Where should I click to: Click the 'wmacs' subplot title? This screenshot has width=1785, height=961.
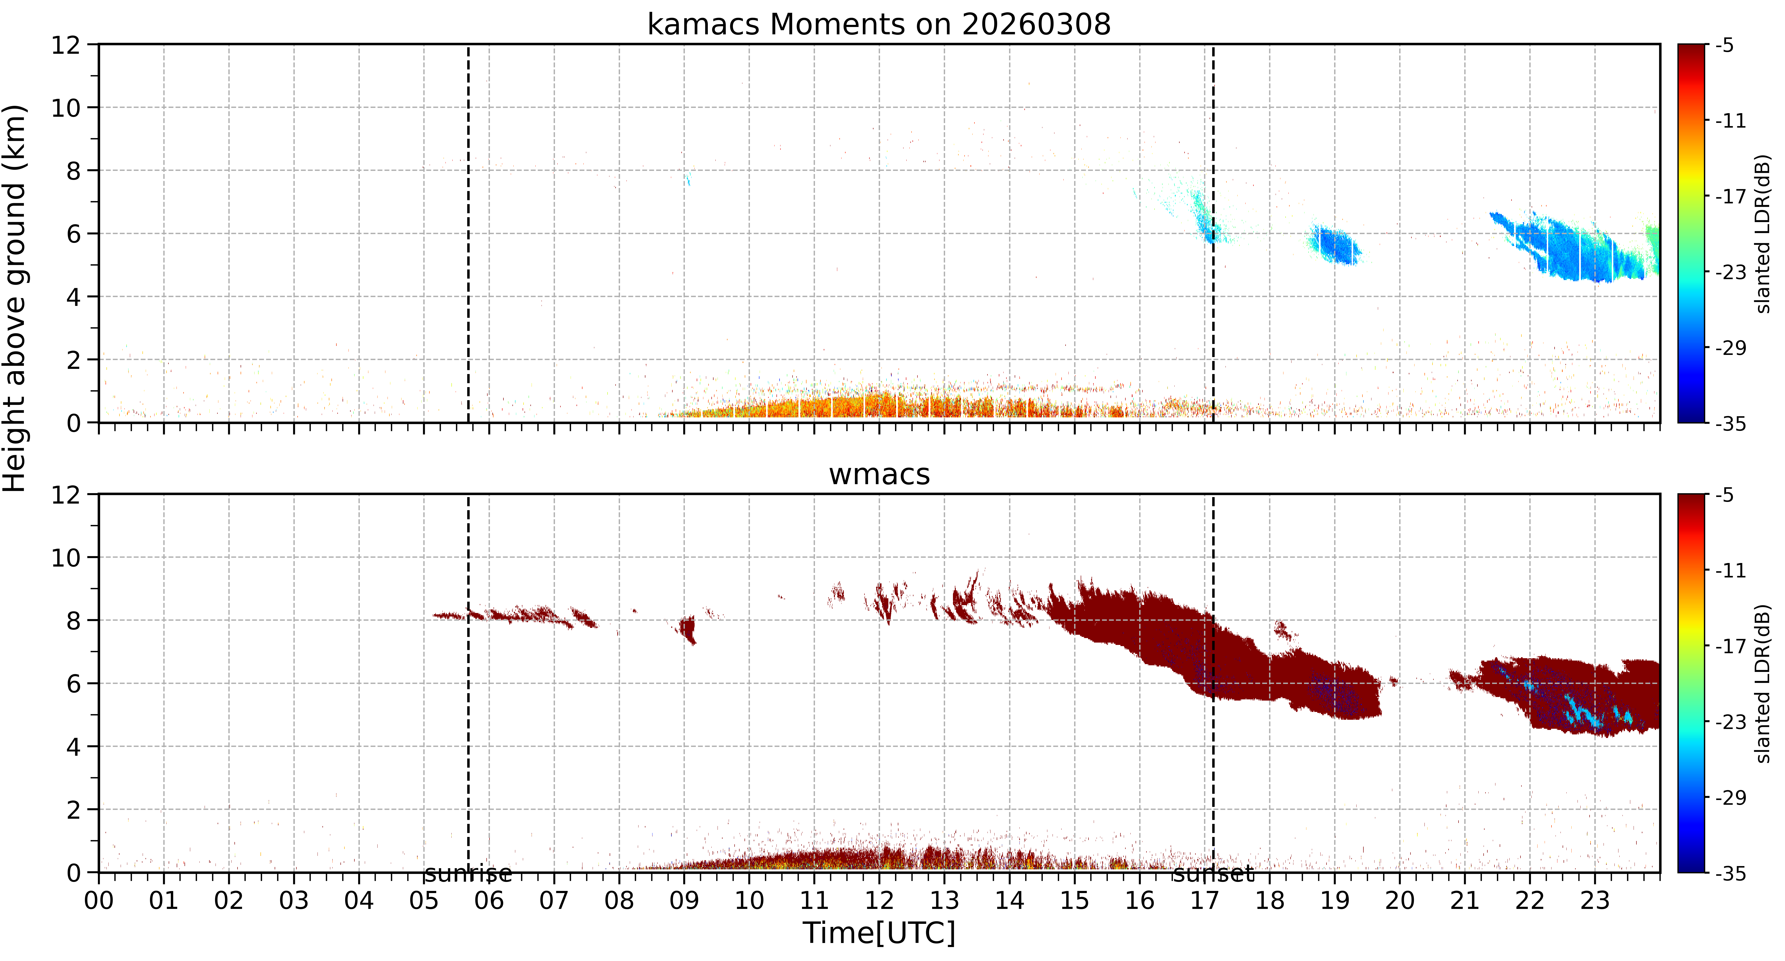[x=879, y=475]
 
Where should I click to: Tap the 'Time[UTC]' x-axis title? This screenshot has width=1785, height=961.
[x=879, y=933]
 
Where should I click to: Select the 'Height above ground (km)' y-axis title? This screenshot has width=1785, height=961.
[x=15, y=298]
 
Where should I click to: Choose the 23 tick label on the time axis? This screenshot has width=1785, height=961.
[x=1595, y=901]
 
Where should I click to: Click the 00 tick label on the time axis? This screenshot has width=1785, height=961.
[x=99, y=901]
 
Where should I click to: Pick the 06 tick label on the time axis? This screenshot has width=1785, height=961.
[x=489, y=901]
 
